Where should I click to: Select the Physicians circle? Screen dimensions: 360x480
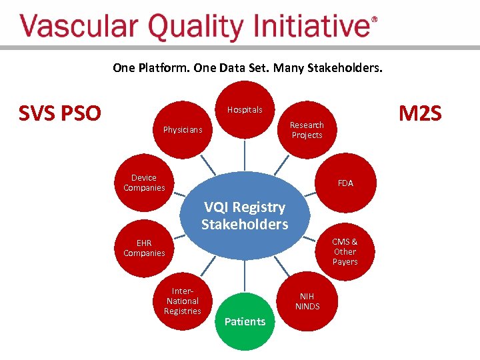click(183, 129)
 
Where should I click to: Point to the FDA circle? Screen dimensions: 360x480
click(345, 183)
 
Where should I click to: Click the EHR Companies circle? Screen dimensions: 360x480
click(144, 249)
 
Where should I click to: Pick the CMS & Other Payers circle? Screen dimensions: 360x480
click(345, 251)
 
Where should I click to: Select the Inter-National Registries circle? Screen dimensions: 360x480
click(183, 301)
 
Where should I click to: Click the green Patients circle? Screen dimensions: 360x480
click(245, 321)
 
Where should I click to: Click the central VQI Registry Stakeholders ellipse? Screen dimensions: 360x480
click(245, 215)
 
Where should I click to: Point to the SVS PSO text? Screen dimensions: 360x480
click(60, 114)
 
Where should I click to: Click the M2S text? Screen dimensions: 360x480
click(419, 114)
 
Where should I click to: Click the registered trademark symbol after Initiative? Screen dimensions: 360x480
click(374, 20)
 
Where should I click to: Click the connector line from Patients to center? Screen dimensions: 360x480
click(245, 276)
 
